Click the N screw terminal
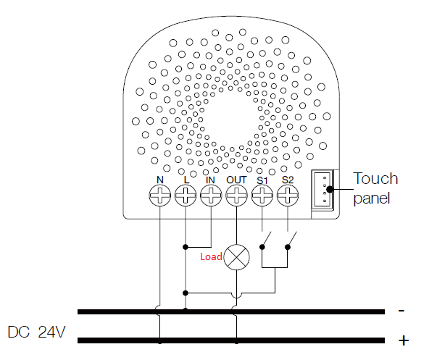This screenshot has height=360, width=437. point(159,194)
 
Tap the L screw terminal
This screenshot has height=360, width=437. point(186,194)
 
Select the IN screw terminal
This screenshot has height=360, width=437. point(211,194)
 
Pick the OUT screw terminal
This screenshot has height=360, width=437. point(236,194)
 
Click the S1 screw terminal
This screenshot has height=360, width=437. point(262,194)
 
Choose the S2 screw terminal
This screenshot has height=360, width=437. point(288,194)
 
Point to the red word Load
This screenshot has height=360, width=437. point(211,256)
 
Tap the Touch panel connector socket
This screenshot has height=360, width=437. point(322,190)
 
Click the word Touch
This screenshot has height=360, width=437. point(375,179)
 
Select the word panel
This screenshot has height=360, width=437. point(372,198)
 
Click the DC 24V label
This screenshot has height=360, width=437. point(37,333)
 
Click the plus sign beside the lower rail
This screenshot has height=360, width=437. point(404,340)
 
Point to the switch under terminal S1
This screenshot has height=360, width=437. point(265,240)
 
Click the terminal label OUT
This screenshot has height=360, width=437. point(236,179)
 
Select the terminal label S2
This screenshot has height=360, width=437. point(288,179)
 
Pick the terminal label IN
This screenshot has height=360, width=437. point(211,179)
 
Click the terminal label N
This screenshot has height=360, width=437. point(159,179)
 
